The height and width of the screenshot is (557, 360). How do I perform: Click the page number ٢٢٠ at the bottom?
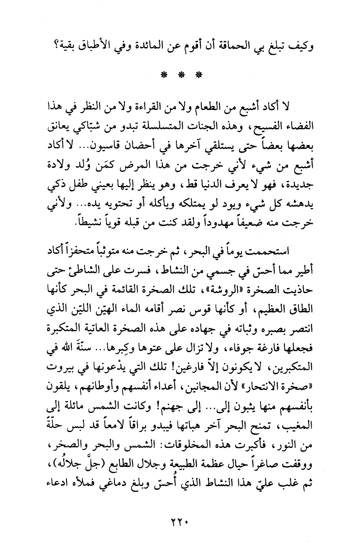pos(180,522)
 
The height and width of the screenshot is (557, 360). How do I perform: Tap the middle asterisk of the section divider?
pos(180,74)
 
